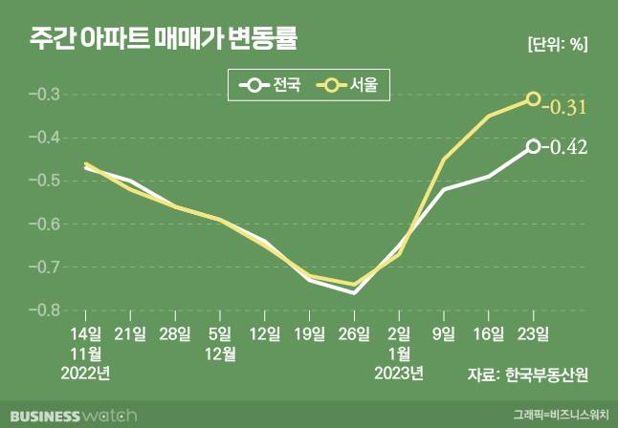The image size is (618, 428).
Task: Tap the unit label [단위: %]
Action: [x=556, y=43]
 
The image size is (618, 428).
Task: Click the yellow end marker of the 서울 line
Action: [x=533, y=99]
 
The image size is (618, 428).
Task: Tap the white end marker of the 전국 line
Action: [x=533, y=146]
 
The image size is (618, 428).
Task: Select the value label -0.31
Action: [x=565, y=107]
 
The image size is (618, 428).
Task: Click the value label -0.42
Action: [x=565, y=147]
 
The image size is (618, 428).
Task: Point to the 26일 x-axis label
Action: [x=354, y=333]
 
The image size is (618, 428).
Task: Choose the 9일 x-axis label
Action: [x=444, y=333]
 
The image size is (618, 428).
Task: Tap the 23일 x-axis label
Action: [x=533, y=333]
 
